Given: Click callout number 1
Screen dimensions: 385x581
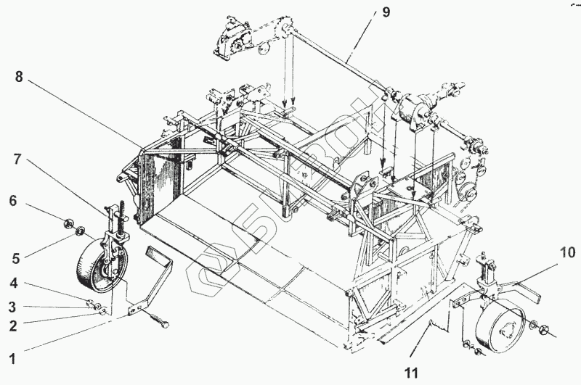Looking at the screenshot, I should [x=12, y=358].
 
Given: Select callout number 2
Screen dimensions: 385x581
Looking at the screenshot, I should [x=12, y=326].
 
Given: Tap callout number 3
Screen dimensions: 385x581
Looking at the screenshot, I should [x=12, y=306].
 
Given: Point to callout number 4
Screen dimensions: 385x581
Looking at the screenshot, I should [x=12, y=283].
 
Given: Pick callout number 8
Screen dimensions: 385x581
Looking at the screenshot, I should [x=19, y=76].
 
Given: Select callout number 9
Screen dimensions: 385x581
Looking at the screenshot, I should [x=386, y=13].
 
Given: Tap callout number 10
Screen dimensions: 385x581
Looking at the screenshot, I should [x=567, y=253].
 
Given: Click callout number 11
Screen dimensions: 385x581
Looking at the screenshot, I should [x=411, y=373].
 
